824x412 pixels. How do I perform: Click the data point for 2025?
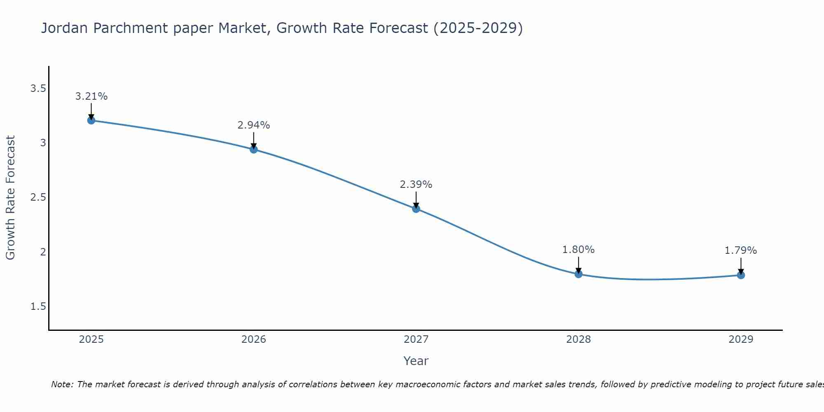(x=91, y=120)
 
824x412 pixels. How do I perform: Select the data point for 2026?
(x=253, y=149)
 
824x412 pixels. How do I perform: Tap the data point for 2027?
(x=416, y=208)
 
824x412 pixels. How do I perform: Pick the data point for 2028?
(x=578, y=274)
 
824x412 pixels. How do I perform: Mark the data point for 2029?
(x=740, y=275)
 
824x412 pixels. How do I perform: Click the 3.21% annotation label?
(x=91, y=96)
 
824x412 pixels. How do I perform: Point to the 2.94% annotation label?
(x=253, y=125)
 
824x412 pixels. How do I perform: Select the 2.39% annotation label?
(x=416, y=185)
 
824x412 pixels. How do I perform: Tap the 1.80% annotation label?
(x=578, y=250)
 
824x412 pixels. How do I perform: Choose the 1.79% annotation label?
(x=740, y=250)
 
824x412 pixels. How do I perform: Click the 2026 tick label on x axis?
(x=253, y=339)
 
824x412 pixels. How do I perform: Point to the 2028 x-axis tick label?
(x=578, y=339)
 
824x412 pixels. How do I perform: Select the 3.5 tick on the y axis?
(x=38, y=89)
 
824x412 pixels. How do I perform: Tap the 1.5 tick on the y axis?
(x=38, y=307)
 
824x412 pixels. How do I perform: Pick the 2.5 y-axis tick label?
(x=38, y=197)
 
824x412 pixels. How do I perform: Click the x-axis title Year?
(x=416, y=361)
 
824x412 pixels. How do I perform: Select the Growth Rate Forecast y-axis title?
(x=10, y=198)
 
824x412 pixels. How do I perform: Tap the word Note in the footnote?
(x=62, y=384)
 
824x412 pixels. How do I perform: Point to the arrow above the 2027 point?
(x=416, y=200)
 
